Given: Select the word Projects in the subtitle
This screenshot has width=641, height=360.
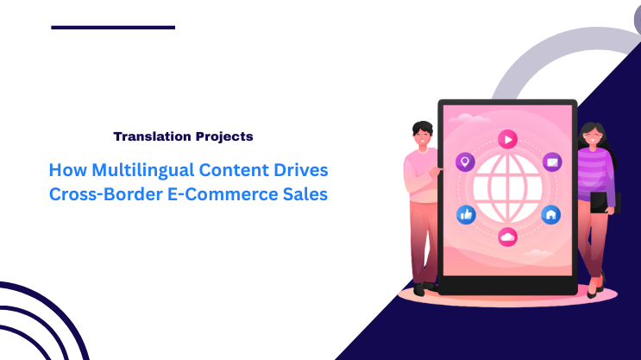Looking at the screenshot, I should tap(223, 136).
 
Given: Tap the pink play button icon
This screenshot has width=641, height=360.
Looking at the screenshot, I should tap(507, 138).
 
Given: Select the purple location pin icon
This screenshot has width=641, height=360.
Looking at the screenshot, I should tap(465, 162).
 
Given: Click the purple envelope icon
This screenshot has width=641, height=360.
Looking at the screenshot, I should tap(551, 162).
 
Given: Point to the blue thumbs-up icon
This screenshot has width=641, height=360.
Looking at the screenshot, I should tap(466, 214).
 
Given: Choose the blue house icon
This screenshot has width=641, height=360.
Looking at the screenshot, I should tap(550, 214).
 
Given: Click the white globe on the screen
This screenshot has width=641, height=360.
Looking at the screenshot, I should tap(507, 188).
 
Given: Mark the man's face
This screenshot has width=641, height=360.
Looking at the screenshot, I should tap(422, 135).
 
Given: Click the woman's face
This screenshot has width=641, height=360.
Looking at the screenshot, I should tap(592, 136).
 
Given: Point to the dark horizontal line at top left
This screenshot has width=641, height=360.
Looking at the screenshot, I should tap(113, 28).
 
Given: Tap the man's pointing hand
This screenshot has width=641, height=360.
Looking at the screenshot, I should tap(439, 173).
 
